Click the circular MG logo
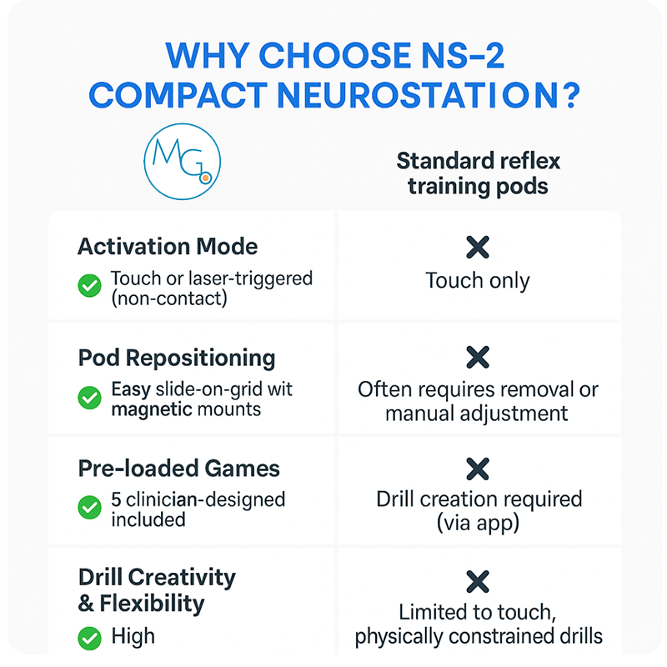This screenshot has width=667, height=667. point(181,162)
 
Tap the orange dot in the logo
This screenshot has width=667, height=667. point(205,177)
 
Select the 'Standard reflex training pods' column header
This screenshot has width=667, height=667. point(478,173)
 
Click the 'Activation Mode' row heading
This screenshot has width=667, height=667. point(168,247)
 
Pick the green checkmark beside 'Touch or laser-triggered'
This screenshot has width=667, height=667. point(89,286)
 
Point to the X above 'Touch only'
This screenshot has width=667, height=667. point(478,247)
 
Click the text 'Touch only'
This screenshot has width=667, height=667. point(478,281)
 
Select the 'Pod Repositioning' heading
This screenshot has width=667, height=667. point(177,358)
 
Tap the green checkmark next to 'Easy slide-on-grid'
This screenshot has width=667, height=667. point(89,398)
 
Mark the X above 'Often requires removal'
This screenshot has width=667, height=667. point(478,358)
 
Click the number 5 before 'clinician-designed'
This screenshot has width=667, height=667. point(117,500)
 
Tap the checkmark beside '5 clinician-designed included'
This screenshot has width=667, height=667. point(89,508)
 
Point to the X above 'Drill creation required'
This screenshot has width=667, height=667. point(478,469)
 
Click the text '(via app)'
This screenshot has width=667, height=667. point(478,523)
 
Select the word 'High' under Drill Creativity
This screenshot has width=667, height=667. point(133,637)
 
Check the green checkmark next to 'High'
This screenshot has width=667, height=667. point(89,639)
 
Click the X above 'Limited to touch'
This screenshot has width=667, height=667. point(478,581)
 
